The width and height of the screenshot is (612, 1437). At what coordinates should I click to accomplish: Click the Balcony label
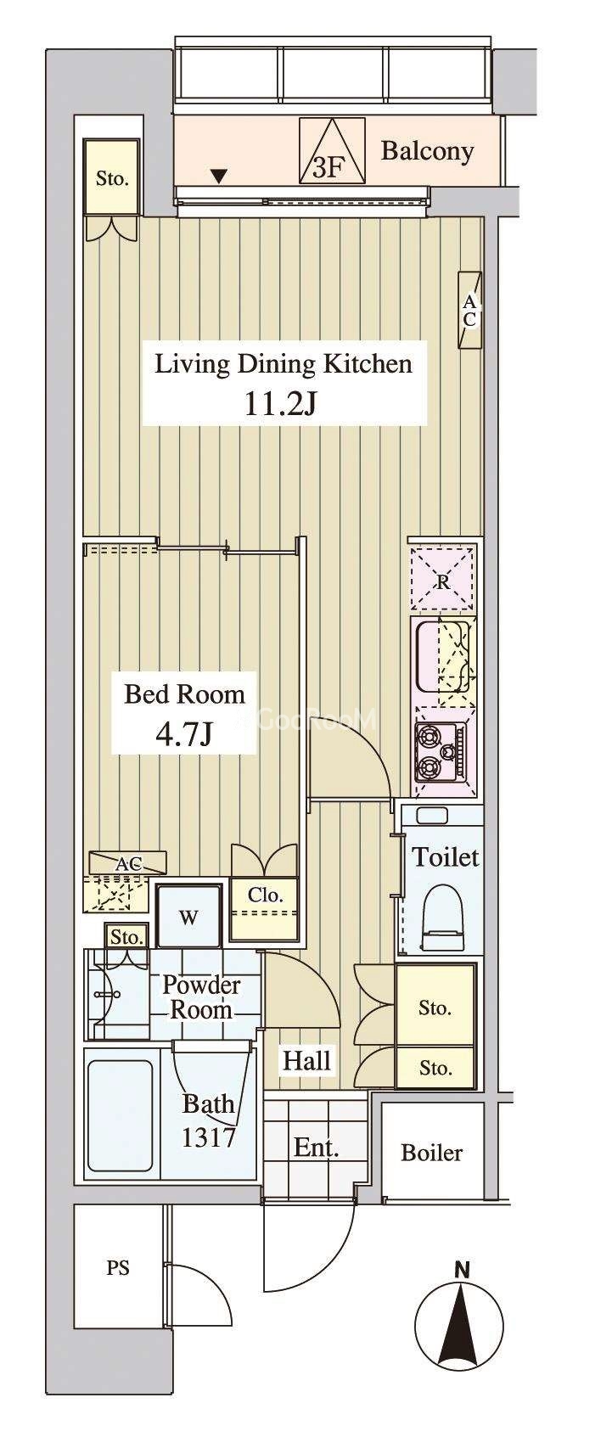coord(427,151)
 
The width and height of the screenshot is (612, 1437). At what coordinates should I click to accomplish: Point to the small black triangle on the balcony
coord(220,175)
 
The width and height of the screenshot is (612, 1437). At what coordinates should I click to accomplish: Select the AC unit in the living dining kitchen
coord(469,311)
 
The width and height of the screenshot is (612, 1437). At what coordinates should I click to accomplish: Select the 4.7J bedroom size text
coord(183,736)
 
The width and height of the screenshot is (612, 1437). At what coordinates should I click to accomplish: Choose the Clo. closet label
coord(265,895)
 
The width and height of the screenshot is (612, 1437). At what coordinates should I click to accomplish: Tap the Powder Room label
coord(201,997)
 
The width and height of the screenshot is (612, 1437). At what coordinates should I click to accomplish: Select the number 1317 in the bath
coord(209,1137)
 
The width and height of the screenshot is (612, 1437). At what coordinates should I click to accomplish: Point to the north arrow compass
coord(461,1328)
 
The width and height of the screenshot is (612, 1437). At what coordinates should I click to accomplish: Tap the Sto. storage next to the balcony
coord(112,178)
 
